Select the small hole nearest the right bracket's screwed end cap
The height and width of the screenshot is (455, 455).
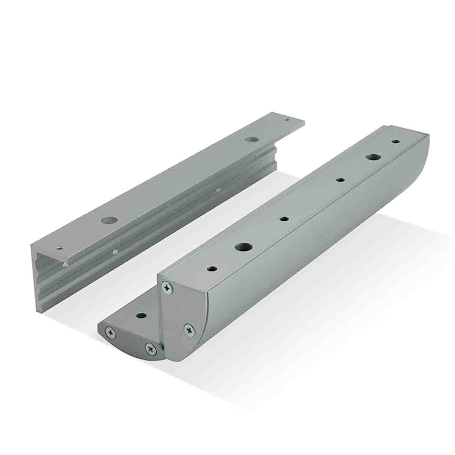click(212, 269)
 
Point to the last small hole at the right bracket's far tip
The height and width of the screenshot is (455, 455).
click(395, 141)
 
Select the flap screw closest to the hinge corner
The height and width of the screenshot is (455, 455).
click(151, 347)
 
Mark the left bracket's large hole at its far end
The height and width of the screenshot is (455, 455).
click(249, 140)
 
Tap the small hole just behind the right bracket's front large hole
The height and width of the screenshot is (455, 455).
click(284, 219)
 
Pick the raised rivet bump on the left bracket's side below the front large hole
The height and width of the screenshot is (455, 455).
click(115, 251)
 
